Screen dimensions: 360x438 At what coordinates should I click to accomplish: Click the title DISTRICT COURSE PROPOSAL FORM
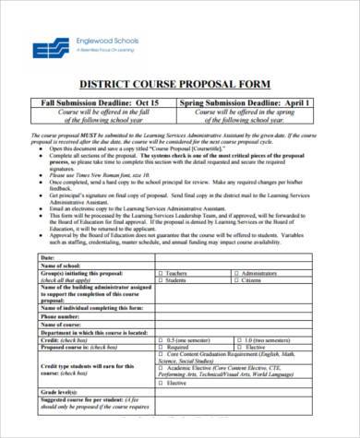[179, 86]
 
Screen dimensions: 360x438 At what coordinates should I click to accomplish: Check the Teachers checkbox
[159, 274]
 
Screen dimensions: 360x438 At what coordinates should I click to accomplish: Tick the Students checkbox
[159, 281]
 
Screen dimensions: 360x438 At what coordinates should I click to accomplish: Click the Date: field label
[49, 257]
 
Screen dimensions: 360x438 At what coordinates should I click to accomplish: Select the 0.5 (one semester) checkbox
[159, 340]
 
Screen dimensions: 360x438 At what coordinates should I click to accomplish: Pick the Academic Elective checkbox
[159, 371]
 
